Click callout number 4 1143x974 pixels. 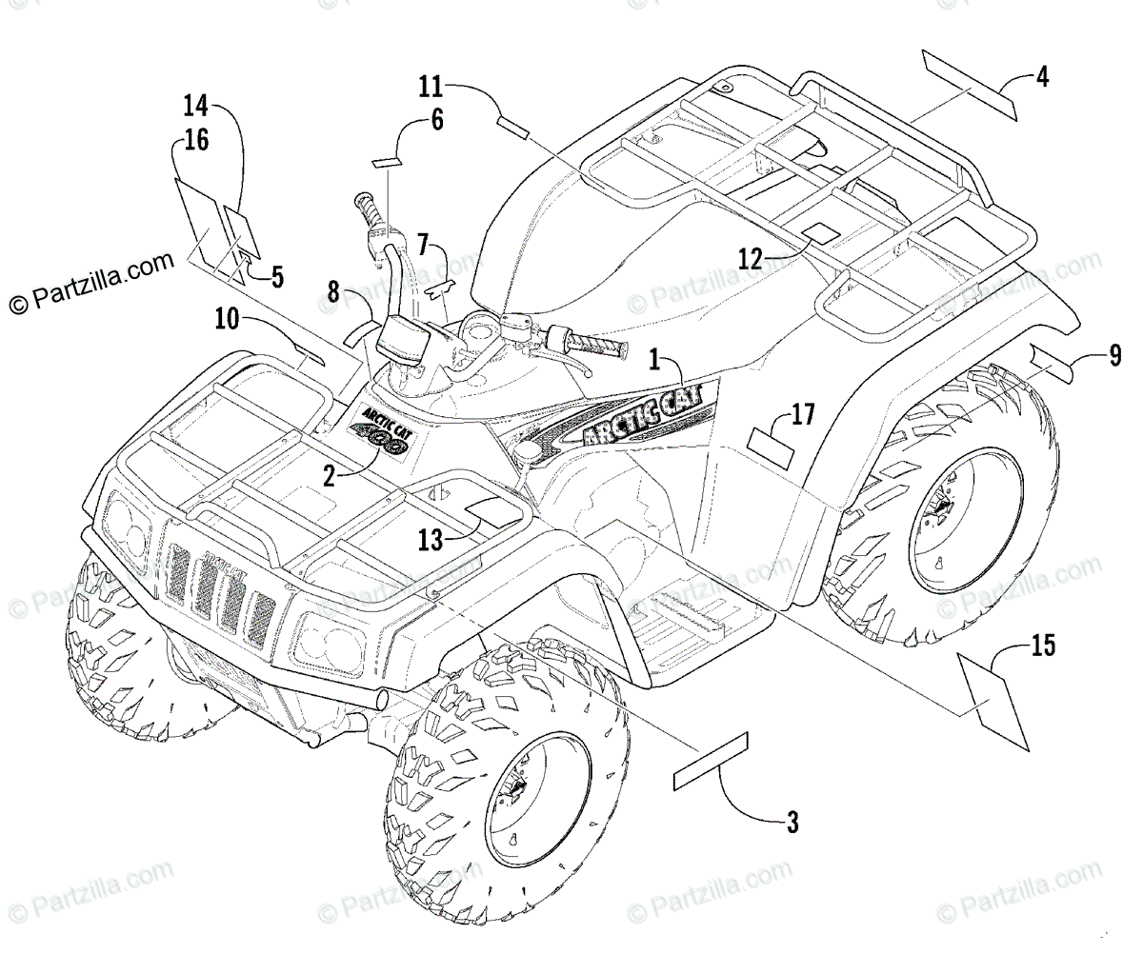tap(1042, 77)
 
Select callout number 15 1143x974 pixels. tap(1043, 646)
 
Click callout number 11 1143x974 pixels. tap(431, 88)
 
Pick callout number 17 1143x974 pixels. tap(803, 414)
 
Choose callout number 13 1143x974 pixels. tap(431, 541)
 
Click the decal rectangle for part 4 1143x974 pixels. tap(969, 87)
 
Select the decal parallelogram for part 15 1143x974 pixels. tap(992, 704)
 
